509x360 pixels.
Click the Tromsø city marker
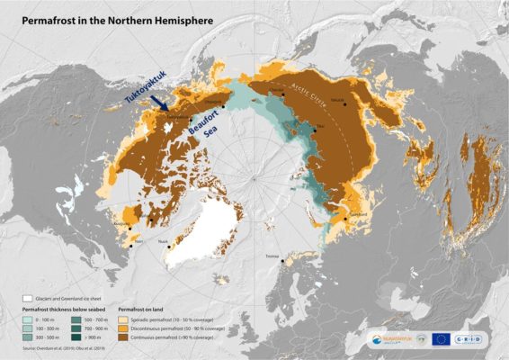(x=283, y=261)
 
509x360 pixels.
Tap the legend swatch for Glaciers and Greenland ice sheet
(x=27, y=297)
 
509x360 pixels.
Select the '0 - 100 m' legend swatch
(x=27, y=318)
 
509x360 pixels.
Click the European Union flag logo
(x=440, y=340)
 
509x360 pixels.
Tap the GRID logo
(x=477, y=340)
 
